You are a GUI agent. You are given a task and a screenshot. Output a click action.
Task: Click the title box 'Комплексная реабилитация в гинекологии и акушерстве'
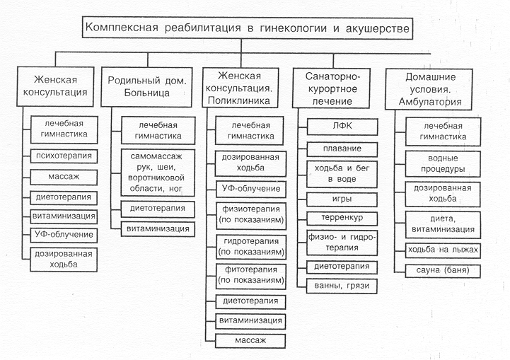[x=248, y=28]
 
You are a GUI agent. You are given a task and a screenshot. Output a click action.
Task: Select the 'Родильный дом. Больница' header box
[x=146, y=87]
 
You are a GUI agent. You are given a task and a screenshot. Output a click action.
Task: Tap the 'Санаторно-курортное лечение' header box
[x=332, y=88]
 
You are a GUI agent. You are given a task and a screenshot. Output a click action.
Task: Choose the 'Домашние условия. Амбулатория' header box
[x=429, y=89]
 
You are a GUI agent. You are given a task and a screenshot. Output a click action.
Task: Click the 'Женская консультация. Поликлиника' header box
[x=240, y=88]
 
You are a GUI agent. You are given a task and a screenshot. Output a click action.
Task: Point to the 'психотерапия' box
[x=64, y=156]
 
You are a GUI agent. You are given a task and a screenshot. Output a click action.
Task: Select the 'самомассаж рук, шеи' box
[x=158, y=173]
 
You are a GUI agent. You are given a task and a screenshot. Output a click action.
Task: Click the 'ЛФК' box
[x=342, y=127]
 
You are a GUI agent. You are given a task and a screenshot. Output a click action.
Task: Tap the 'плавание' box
[x=342, y=149]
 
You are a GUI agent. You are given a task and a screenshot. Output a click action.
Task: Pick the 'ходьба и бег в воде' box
[x=342, y=174]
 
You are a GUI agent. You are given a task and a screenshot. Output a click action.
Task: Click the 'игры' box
[x=342, y=199]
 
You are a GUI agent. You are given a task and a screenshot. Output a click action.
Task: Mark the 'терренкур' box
[x=342, y=219]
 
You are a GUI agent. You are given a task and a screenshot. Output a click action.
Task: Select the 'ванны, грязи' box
[x=342, y=286]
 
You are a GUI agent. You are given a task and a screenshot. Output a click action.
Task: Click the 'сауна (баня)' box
[x=443, y=271]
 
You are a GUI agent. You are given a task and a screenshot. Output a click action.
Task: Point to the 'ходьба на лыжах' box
[x=443, y=250]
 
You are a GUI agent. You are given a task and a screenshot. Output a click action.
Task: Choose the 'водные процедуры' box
[x=443, y=164]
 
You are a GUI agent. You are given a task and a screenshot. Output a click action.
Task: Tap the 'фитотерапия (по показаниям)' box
[x=251, y=277]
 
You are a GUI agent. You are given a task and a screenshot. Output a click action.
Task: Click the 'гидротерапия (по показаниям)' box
[x=251, y=247]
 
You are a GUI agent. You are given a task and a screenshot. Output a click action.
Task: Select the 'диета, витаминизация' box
[x=443, y=225]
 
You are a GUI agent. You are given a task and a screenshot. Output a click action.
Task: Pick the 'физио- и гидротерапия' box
[x=342, y=243]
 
